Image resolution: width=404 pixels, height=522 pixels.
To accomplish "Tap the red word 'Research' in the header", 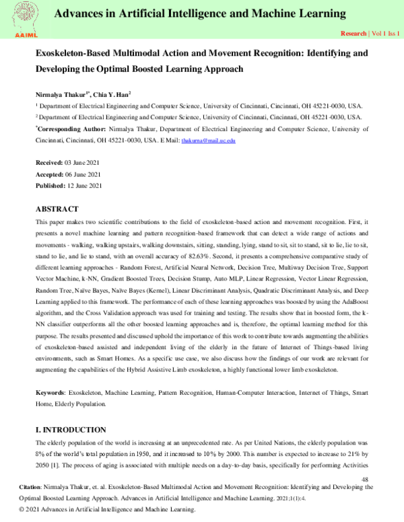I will click(x=353, y=33).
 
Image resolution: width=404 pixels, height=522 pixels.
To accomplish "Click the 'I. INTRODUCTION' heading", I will click(x=70, y=429).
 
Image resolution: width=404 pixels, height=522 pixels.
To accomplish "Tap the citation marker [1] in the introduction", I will click(x=64, y=464).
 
